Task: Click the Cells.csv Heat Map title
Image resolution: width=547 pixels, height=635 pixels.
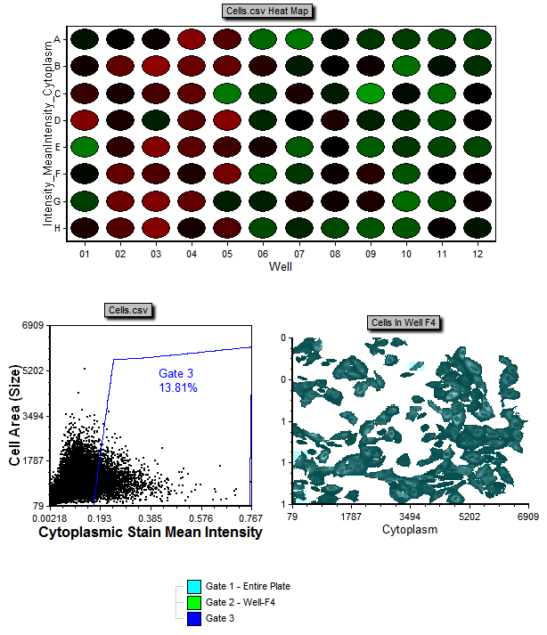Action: (x=271, y=11)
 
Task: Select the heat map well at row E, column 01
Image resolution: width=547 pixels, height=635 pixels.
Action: (x=85, y=146)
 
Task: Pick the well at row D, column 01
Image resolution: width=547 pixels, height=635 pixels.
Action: (x=85, y=119)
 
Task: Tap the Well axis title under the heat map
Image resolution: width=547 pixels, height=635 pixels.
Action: (x=282, y=266)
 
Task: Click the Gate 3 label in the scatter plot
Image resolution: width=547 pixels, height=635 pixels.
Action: (x=176, y=373)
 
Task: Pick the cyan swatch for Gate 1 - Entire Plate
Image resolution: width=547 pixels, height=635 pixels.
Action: (x=193, y=586)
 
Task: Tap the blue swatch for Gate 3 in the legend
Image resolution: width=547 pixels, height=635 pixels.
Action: (x=193, y=618)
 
